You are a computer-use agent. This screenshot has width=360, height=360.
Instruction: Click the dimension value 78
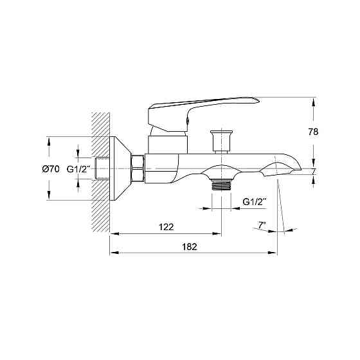coord(312,132)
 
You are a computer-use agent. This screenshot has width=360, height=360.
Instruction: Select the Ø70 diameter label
coord(51,169)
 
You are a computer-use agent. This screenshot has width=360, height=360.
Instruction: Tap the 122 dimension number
coord(166,227)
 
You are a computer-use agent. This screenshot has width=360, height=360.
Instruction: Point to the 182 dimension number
coord(190,247)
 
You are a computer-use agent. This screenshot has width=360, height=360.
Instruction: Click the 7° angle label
coord(262,225)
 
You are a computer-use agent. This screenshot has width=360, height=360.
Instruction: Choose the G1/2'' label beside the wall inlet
coord(78,169)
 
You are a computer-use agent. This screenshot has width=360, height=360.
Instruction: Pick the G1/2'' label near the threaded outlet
coord(255,202)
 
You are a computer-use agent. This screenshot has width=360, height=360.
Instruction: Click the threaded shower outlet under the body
coord(221,185)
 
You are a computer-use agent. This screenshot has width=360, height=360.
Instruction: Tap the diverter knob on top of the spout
coord(221,141)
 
